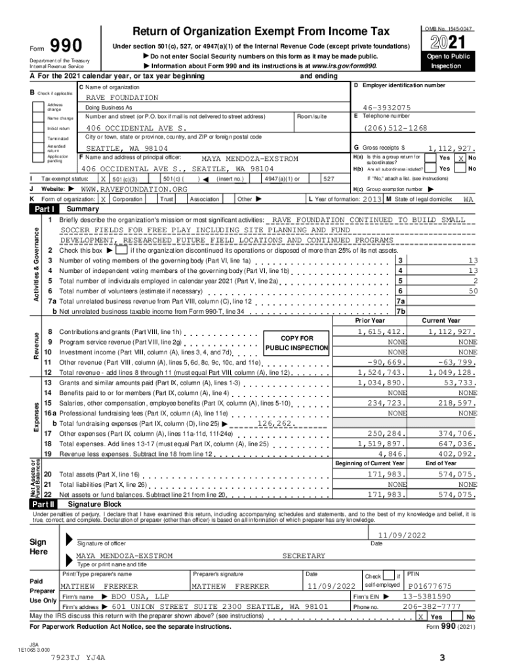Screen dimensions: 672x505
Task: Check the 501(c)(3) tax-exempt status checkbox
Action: pyautogui.click(x=103, y=178)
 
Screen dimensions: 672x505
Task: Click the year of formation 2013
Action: pyautogui.click(x=372, y=199)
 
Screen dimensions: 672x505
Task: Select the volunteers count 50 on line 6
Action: pyautogui.click(x=473, y=291)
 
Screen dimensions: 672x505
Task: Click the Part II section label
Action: pyautogui.click(x=43, y=504)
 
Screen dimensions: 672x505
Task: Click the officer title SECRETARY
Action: pyautogui.click(x=303, y=556)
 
